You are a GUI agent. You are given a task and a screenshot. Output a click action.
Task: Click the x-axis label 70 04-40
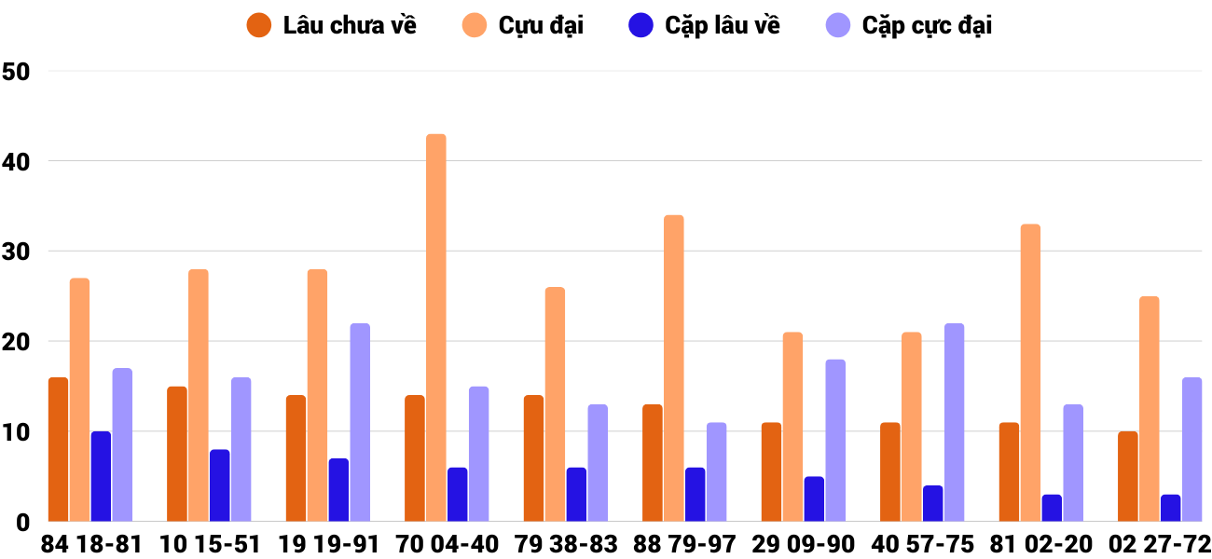pyautogui.click(x=447, y=544)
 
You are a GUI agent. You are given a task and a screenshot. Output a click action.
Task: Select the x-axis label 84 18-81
pyautogui.click(x=90, y=544)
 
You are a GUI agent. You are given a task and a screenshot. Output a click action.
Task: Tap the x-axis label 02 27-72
pyautogui.click(x=1160, y=544)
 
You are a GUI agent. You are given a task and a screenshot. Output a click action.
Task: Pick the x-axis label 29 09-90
pyautogui.click(x=804, y=544)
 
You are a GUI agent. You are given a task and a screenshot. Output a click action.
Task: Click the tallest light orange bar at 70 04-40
pyautogui.click(x=436, y=326)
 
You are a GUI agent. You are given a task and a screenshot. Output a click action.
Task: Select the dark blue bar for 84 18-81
pyautogui.click(x=101, y=475)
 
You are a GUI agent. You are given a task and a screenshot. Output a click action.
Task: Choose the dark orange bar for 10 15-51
pyautogui.click(x=177, y=454)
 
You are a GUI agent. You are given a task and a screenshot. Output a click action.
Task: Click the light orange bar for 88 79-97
pyautogui.click(x=674, y=368)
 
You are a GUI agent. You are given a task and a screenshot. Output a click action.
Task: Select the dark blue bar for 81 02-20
pyautogui.click(x=1052, y=508)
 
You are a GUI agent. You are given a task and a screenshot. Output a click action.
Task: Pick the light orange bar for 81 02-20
pyautogui.click(x=1030, y=373)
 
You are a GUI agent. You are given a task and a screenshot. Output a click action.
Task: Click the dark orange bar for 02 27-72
pyautogui.click(x=1128, y=475)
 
